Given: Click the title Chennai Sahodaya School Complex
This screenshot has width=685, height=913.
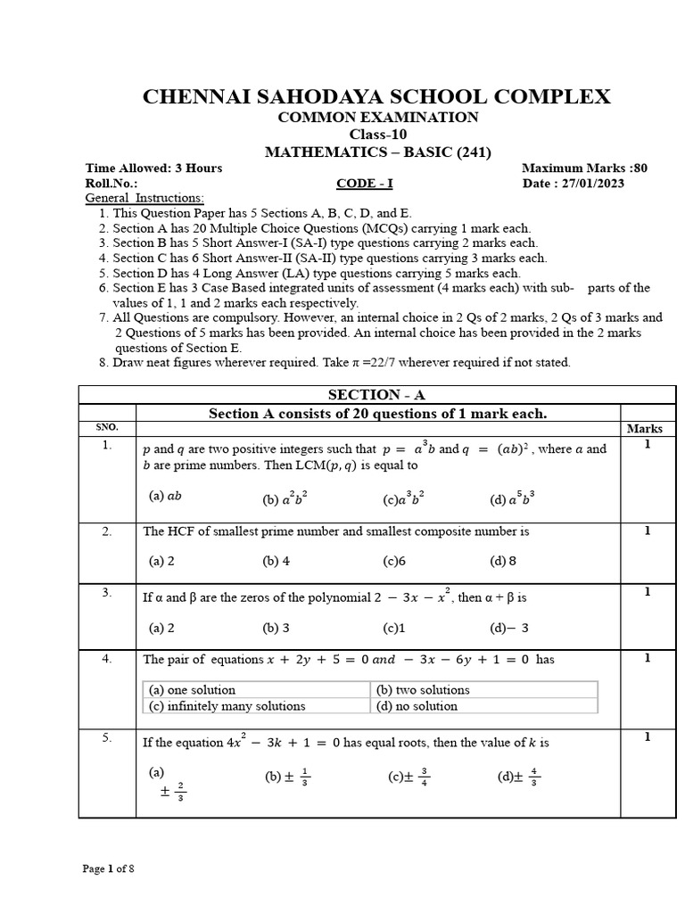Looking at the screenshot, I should [376, 97].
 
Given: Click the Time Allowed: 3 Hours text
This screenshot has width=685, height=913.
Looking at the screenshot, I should [153, 168].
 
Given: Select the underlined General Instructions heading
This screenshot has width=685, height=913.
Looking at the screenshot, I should [144, 198].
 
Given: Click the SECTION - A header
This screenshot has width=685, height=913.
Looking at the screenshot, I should [376, 395].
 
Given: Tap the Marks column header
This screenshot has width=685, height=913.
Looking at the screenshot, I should [644, 429].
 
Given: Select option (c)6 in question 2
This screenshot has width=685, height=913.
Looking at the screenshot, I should [394, 561].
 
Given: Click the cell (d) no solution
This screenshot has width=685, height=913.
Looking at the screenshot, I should [416, 706].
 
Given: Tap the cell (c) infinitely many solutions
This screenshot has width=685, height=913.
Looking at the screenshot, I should [227, 706].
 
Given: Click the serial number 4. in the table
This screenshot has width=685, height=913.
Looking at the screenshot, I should [107, 659].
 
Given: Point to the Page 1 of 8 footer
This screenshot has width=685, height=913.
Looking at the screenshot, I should [109, 868].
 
